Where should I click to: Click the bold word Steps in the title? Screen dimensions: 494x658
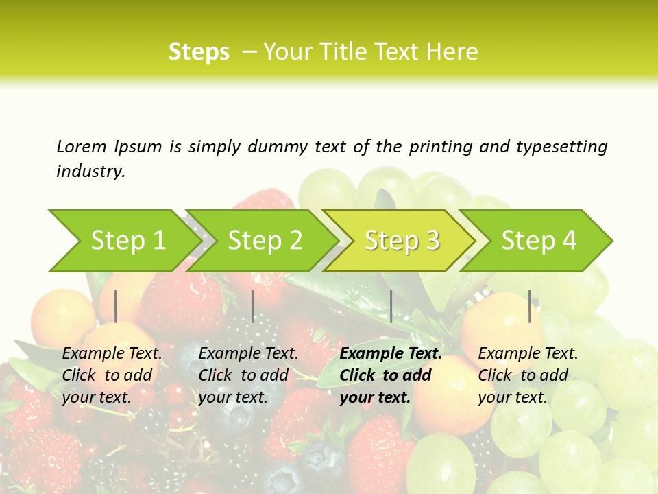pos(199,51)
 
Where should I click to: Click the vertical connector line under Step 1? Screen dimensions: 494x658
pos(116,306)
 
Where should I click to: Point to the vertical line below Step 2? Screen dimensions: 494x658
pos(253,306)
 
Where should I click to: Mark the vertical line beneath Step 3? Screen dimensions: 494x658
pos(391,306)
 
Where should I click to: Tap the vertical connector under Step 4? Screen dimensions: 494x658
pos(530,306)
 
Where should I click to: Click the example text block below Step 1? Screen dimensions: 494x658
pos(112,375)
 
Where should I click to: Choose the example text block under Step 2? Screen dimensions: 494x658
pos(248,375)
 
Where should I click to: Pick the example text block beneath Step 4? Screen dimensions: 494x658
pos(528,375)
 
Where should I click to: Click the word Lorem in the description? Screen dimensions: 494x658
pos(82,146)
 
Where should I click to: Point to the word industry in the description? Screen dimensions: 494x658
pos(90,172)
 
